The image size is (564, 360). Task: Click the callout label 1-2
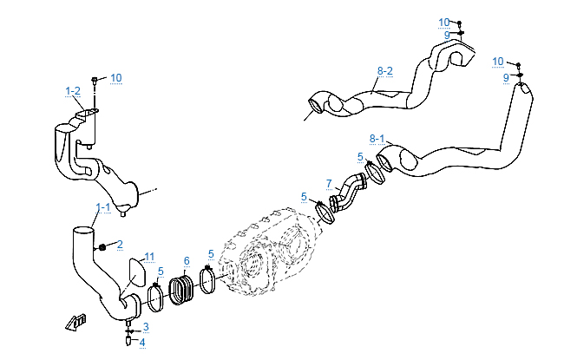coord(73,90)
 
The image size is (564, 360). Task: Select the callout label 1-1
coord(103,207)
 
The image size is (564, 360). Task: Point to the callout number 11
coord(149,257)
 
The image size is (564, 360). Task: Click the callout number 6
coord(187,260)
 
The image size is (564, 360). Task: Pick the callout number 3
coord(146,326)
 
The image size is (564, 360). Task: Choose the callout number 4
coord(142,342)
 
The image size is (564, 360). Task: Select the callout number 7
coord(329,183)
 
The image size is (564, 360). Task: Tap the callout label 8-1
coord(377,138)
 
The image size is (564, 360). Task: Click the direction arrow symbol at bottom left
coord(76,322)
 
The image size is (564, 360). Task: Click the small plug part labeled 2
coord(102,247)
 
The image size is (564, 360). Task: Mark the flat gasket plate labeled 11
coord(136,272)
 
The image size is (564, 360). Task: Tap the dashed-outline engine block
coord(265,252)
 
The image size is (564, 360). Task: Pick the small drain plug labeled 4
coord(129,341)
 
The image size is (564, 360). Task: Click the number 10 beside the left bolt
coord(115,78)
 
